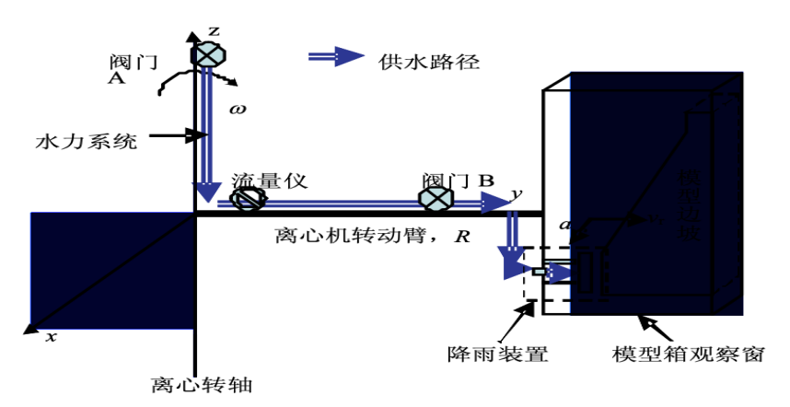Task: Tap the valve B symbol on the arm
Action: point(435,198)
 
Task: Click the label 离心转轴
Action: point(195,381)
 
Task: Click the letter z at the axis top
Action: point(214,31)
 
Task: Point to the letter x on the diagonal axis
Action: point(51,337)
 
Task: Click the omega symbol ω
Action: point(238,108)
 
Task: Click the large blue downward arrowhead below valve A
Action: point(209,191)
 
